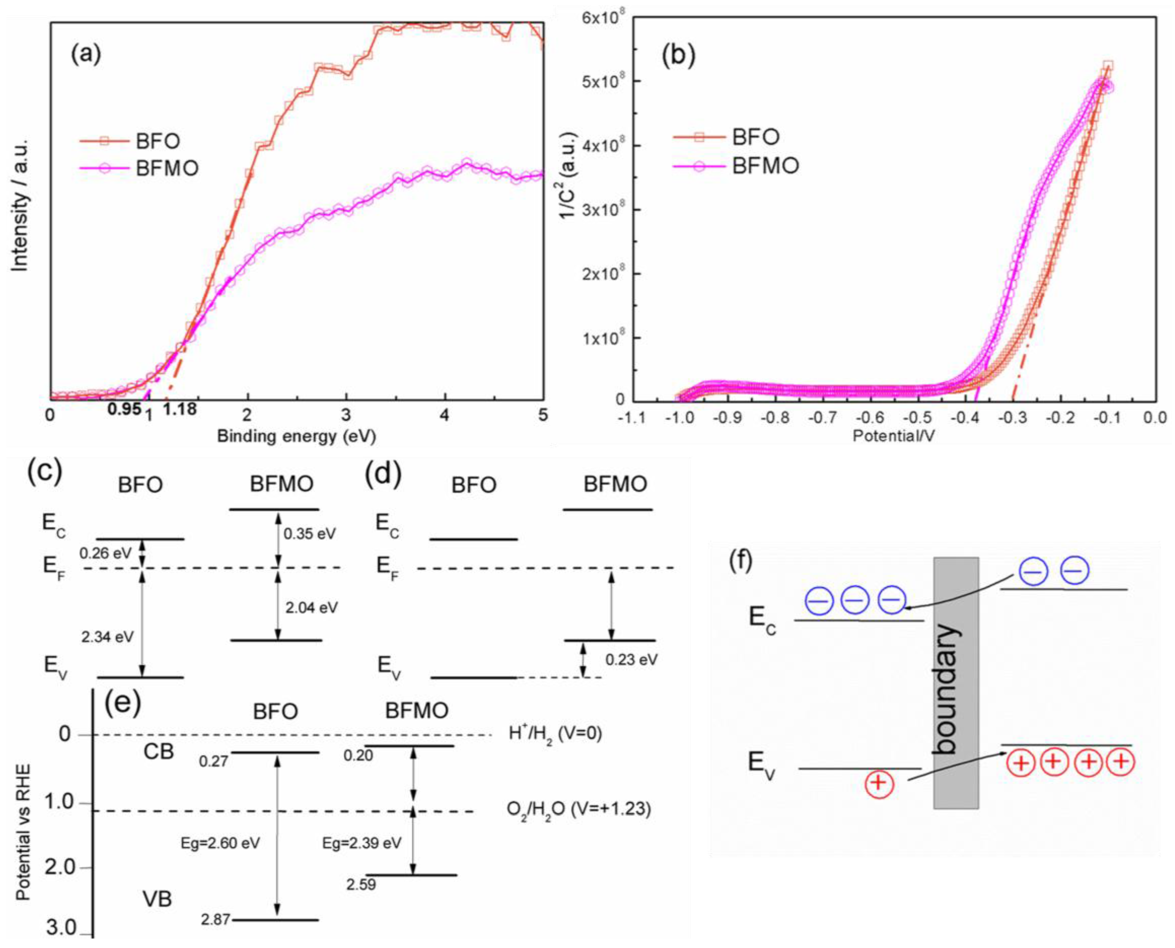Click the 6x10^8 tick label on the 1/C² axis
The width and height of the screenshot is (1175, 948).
click(600, 18)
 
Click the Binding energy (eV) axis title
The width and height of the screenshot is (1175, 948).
click(297, 436)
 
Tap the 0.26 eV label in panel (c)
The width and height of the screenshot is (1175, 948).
click(105, 553)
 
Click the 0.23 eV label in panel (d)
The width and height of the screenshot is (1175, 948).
click(631, 660)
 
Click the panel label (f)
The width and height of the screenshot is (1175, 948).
click(741, 562)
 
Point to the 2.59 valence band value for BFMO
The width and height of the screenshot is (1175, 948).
click(361, 884)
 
